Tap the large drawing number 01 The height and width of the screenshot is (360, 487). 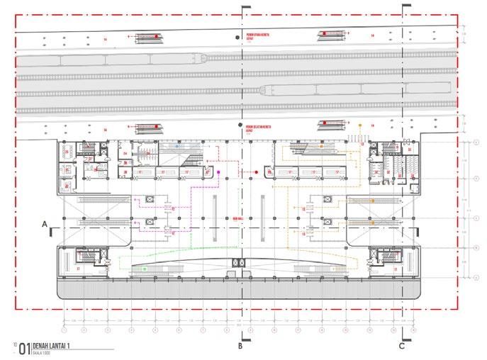pos(25,348)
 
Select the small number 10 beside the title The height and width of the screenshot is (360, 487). pos(14,345)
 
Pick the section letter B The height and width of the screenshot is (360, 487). pos(240,348)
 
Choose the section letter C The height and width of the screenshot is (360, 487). pos(401,348)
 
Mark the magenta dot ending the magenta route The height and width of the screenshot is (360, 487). pos(219,172)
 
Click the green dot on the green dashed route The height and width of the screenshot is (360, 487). pos(145,269)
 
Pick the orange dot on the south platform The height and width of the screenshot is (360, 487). pos(361,125)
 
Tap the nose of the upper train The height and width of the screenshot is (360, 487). pos(203,58)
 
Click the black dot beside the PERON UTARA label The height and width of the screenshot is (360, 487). pos(237,35)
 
